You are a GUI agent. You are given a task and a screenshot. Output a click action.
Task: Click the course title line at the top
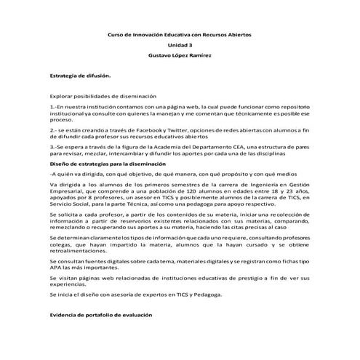(x=180, y=34)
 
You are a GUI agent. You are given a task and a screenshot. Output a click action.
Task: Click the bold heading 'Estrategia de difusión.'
(x=80, y=76)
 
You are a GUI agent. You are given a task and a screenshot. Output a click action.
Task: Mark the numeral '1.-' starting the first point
(x=52, y=107)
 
